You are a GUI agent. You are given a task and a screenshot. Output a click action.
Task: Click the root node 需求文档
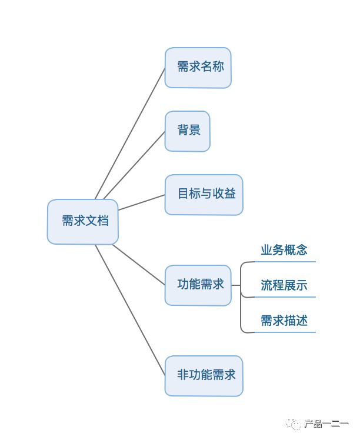click(82, 222)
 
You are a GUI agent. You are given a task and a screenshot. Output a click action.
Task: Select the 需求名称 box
click(198, 67)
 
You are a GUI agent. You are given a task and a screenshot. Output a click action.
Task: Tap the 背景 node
click(187, 131)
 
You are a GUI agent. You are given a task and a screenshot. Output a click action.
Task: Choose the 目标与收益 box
click(204, 194)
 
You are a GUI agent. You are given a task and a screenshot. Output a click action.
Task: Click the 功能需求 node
click(198, 285)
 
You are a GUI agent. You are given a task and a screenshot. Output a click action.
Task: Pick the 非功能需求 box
click(204, 375)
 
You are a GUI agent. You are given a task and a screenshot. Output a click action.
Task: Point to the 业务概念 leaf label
click(284, 250)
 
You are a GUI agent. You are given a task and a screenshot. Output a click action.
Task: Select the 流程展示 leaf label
click(284, 286)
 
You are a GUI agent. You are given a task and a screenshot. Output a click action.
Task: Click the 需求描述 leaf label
click(284, 321)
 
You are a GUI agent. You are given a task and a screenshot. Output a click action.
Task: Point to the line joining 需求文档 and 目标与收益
click(141, 202)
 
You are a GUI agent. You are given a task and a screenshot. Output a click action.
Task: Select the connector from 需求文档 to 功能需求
click(138, 264)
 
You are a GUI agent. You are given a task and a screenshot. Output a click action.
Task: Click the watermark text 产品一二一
click(324, 424)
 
